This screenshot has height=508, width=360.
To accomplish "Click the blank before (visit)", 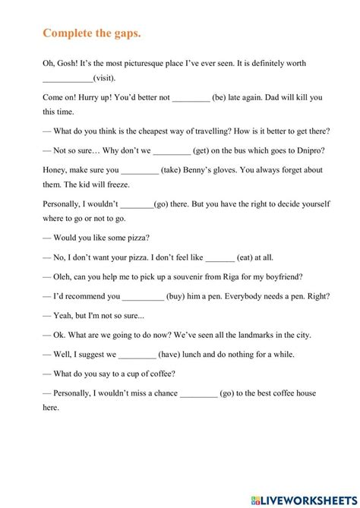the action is click(67, 78).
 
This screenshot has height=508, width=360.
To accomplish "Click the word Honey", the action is click(55, 170).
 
